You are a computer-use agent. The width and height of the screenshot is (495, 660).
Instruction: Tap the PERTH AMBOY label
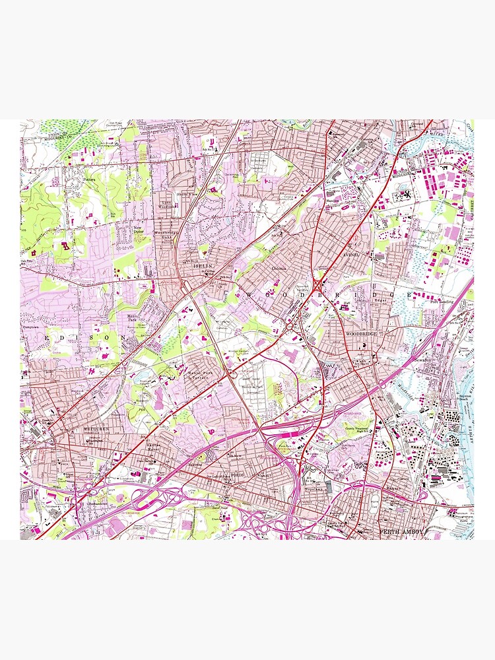[399, 531]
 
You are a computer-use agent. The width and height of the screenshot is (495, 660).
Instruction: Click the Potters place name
[90, 179]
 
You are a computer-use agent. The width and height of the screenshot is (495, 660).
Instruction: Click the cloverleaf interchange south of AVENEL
[317, 285]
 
